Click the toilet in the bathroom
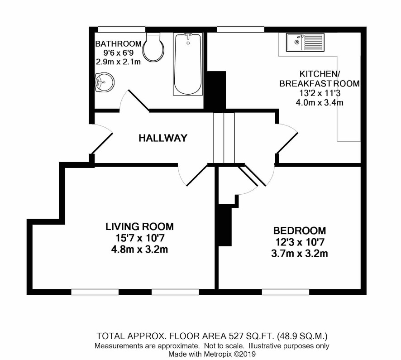pos(153,47)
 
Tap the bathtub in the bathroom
pos(188,64)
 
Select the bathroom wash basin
pos(104,82)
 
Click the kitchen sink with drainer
pos(305,42)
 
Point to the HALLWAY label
pos(163,138)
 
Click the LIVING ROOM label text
pos(140,227)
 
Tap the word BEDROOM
pos(300,231)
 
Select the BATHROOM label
pos(118,44)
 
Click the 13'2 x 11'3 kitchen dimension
pos(320,93)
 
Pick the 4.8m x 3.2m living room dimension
pos(140,249)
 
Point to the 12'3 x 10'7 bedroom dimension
pos(300,242)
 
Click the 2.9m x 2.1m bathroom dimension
pos(118,62)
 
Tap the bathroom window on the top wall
pos(122,30)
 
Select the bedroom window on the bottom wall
pos(286,292)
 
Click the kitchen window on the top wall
pos(241,30)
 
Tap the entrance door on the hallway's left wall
pos(101,139)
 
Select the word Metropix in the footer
pos(218,354)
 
